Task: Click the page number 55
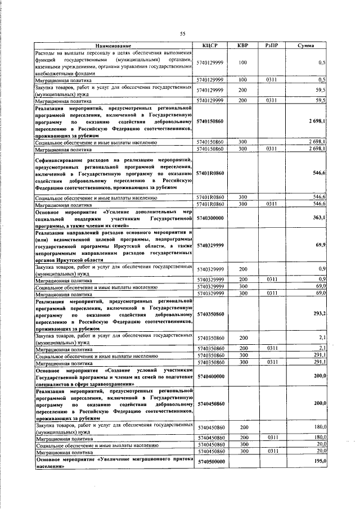point(183,33)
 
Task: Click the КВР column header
point(242,45)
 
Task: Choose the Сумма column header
point(306,45)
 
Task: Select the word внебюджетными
point(53,72)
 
